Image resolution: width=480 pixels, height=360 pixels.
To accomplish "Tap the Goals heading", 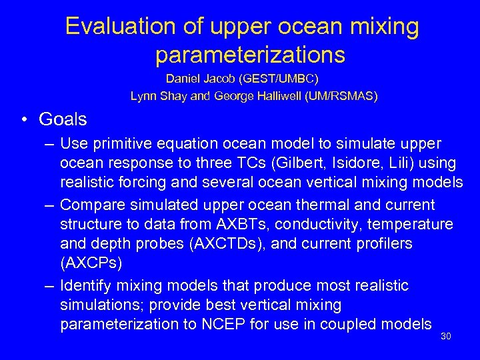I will (63, 119).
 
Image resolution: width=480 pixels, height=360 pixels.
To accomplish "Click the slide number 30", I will (446, 337).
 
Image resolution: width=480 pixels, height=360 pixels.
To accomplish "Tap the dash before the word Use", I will (50, 143).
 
